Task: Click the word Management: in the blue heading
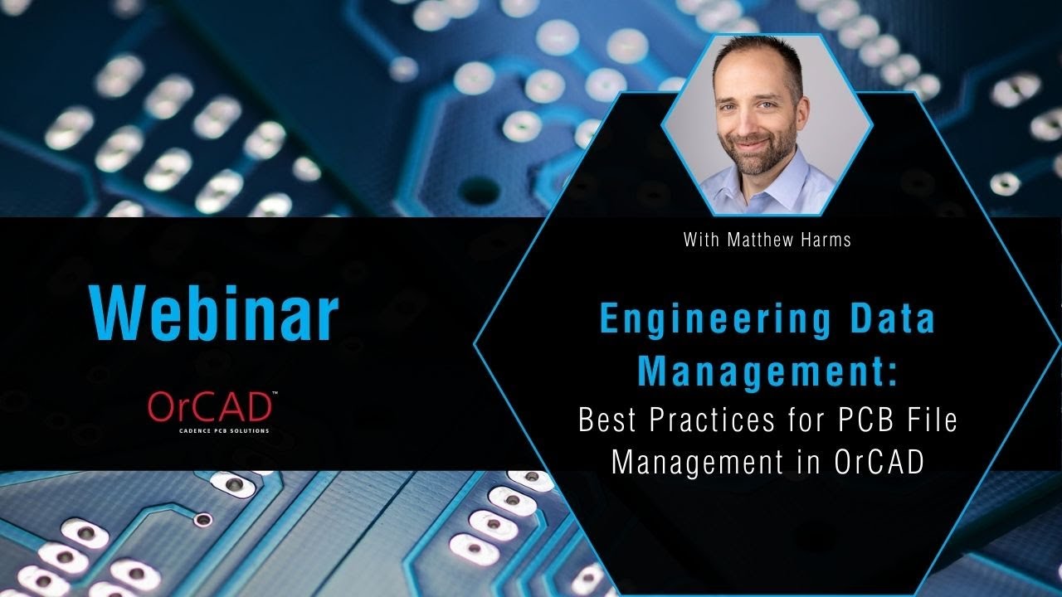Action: [767, 370]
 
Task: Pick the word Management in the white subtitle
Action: [696, 463]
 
